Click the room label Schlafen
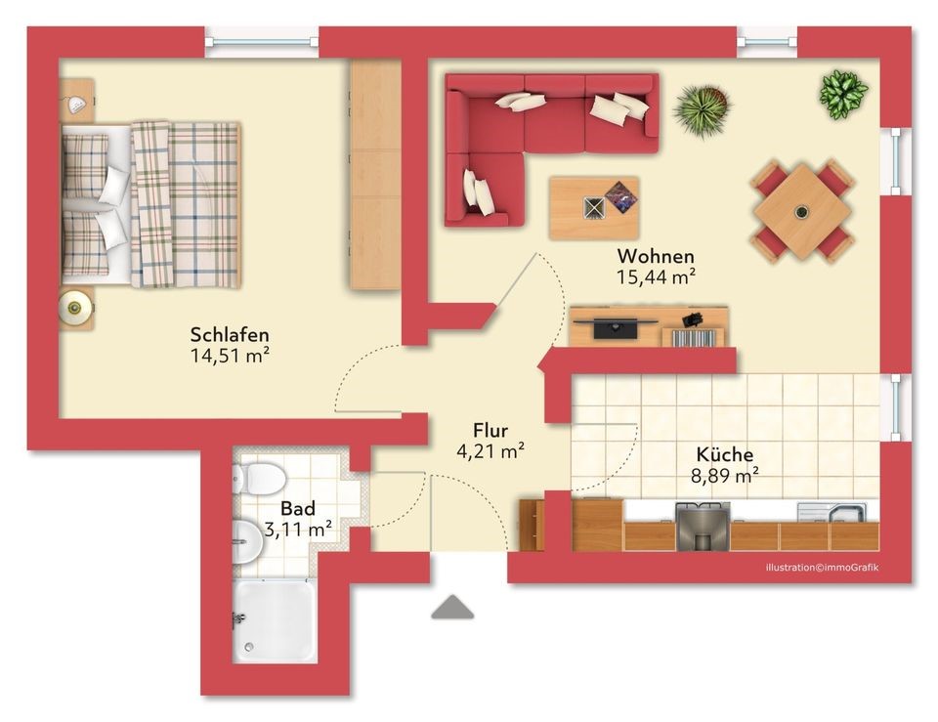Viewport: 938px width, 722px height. point(230,334)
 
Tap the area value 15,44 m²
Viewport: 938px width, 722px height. point(656,276)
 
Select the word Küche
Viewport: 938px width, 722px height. point(724,454)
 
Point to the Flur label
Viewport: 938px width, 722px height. point(490,430)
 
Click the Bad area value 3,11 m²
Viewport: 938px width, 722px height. point(298,530)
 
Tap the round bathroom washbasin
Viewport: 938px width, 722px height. point(246,541)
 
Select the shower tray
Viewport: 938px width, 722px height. point(274,620)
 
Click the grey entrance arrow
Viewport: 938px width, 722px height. point(452,607)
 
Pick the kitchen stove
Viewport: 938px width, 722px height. point(703,526)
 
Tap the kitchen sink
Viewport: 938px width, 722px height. point(832,512)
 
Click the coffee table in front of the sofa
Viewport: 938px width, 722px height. point(594,207)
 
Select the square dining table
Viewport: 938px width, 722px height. point(801,212)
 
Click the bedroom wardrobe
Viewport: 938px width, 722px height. point(375,174)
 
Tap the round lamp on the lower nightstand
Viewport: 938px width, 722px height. point(75,308)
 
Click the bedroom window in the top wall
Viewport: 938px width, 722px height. point(262,42)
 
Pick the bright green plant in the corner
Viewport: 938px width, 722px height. point(843,94)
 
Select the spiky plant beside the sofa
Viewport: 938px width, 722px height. point(703,110)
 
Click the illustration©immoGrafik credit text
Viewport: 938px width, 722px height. point(822,567)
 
